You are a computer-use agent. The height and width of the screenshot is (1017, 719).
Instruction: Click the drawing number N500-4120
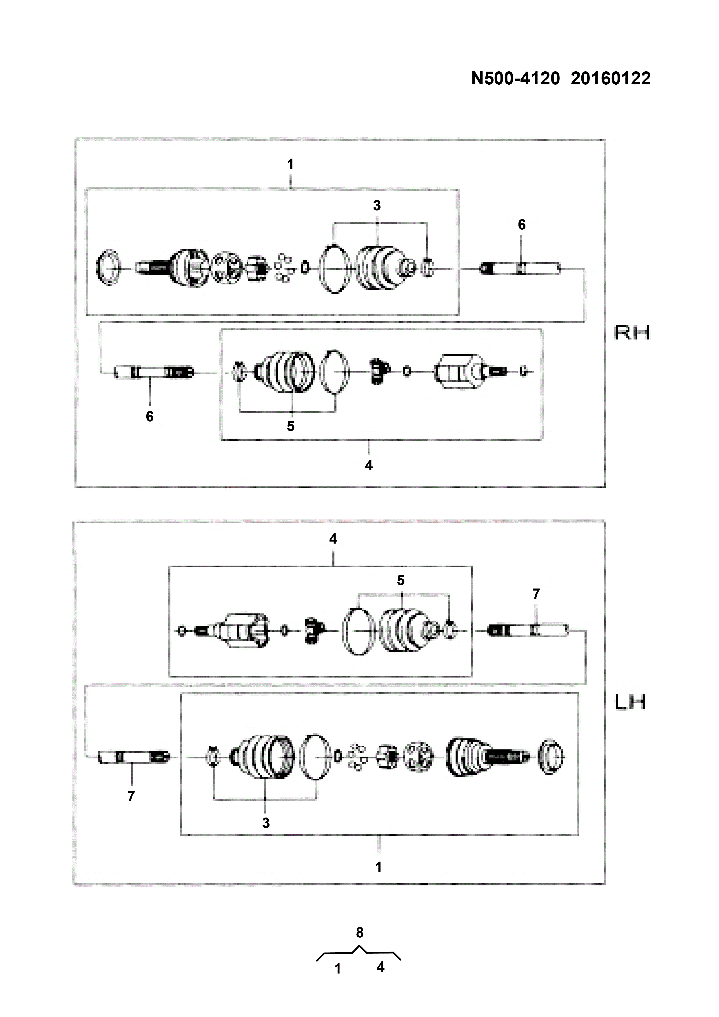tap(515, 79)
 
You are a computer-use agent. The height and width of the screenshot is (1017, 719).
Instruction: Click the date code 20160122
tap(611, 79)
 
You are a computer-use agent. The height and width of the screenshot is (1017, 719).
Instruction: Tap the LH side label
tap(630, 702)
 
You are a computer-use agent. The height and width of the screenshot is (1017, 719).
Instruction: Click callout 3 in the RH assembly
tap(377, 206)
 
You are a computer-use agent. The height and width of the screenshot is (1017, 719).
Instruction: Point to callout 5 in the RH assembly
tap(290, 426)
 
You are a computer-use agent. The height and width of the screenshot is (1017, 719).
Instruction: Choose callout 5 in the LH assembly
tap(401, 580)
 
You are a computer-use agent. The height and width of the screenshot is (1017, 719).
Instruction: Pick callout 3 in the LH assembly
tap(266, 823)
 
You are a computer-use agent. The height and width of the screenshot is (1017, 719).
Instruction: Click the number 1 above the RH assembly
tap(290, 164)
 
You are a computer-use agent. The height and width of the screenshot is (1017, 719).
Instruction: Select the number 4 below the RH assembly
tap(369, 466)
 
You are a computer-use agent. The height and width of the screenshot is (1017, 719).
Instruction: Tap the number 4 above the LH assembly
tap(333, 539)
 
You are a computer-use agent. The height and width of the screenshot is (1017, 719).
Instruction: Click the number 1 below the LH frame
tap(378, 867)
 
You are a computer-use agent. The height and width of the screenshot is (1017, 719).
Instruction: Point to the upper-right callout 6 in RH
tap(522, 225)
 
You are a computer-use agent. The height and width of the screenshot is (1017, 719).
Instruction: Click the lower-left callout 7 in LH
tap(131, 796)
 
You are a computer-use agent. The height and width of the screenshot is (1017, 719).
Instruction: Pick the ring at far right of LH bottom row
tap(551, 757)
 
